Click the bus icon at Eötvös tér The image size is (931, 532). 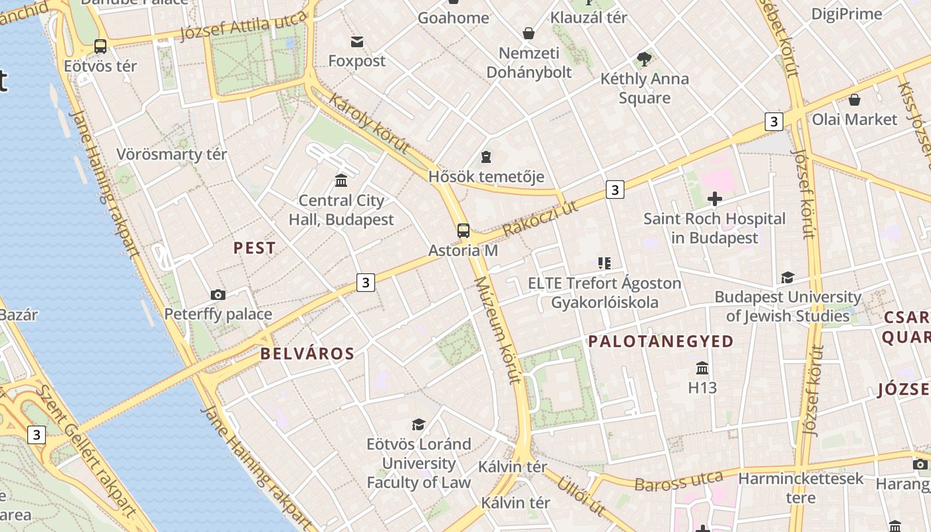100,47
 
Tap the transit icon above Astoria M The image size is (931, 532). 464,231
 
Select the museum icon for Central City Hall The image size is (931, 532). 341,180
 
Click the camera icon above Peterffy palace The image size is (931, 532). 217,295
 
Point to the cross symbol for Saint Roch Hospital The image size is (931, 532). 715,198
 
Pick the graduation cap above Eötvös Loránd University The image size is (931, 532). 418,424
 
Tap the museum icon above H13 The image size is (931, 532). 702,368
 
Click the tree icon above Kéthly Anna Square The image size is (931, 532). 644,59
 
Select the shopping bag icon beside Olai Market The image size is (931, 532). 855,100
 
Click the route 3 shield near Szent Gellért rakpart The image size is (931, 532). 36,435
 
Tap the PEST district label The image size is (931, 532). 255,248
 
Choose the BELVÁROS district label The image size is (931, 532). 307,353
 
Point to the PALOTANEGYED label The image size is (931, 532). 660,341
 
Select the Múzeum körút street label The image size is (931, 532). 497,330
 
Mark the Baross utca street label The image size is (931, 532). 678,481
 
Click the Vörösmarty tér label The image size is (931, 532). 172,154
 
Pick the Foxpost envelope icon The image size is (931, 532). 358,42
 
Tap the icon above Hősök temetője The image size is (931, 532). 486,158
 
